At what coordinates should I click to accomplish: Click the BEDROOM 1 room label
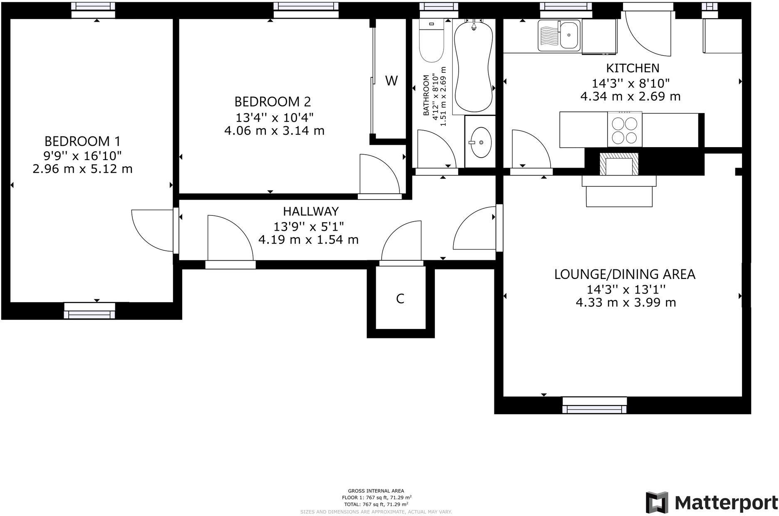[x=83, y=141]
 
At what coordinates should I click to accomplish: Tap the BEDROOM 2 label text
[x=273, y=102]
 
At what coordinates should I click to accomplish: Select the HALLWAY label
[x=311, y=212]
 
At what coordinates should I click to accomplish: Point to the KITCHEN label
[x=633, y=68]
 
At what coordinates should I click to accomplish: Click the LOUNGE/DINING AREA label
[x=625, y=274]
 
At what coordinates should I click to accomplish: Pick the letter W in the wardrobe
[x=391, y=81]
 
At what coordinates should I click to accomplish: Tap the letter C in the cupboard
[x=400, y=299]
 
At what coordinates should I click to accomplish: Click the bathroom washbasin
[x=481, y=142]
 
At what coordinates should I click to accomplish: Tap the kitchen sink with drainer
[x=559, y=35]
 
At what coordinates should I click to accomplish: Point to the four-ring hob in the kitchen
[x=625, y=129]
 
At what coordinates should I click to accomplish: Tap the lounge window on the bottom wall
[x=594, y=405]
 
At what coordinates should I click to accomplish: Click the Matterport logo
[x=712, y=502]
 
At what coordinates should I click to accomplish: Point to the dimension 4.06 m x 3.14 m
[x=274, y=131]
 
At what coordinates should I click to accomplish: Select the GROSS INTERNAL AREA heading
[x=376, y=491]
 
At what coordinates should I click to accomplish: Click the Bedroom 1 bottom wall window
[x=89, y=311]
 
